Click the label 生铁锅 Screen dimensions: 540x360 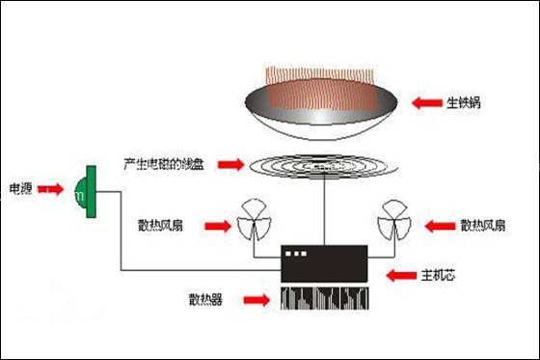463,101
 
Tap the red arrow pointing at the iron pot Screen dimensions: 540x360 424,101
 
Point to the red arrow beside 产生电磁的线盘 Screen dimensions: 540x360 229,165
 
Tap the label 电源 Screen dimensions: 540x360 22,187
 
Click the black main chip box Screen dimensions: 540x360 324,264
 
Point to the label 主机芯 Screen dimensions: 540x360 439,275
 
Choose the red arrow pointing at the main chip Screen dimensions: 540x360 398,275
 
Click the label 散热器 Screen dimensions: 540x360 206,300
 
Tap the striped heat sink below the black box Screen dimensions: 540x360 324,299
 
